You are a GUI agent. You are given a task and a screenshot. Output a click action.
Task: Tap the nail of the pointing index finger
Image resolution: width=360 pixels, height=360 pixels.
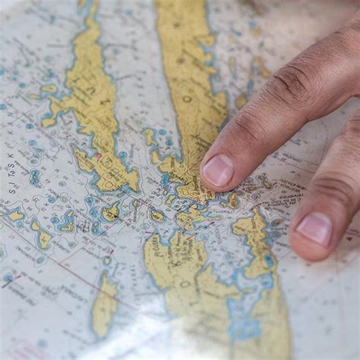[x=218, y=171]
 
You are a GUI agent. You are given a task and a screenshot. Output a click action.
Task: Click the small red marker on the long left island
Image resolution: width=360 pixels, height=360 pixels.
[x=97, y=156]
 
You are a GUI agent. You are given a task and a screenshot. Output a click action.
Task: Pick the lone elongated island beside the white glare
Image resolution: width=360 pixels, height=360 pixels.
[x=104, y=304]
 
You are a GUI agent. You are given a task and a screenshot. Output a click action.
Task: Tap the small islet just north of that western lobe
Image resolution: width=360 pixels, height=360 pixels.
[x=49, y=89]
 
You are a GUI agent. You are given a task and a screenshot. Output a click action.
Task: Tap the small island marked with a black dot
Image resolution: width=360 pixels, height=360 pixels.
[x=156, y=216]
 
